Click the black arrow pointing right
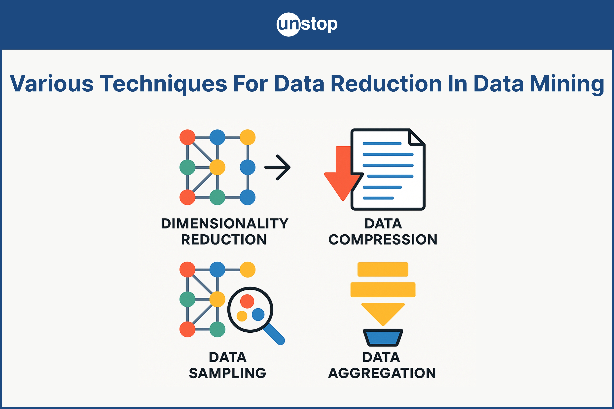coord(278,167)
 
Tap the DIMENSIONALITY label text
coord(224,223)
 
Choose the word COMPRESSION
coord(383,240)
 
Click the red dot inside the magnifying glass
coord(247,301)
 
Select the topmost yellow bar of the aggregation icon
coord(383,269)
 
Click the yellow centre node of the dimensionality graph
coord(217,167)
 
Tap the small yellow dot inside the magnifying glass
coord(242,316)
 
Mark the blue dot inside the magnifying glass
coord(258,315)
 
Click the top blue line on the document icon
coord(382,143)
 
